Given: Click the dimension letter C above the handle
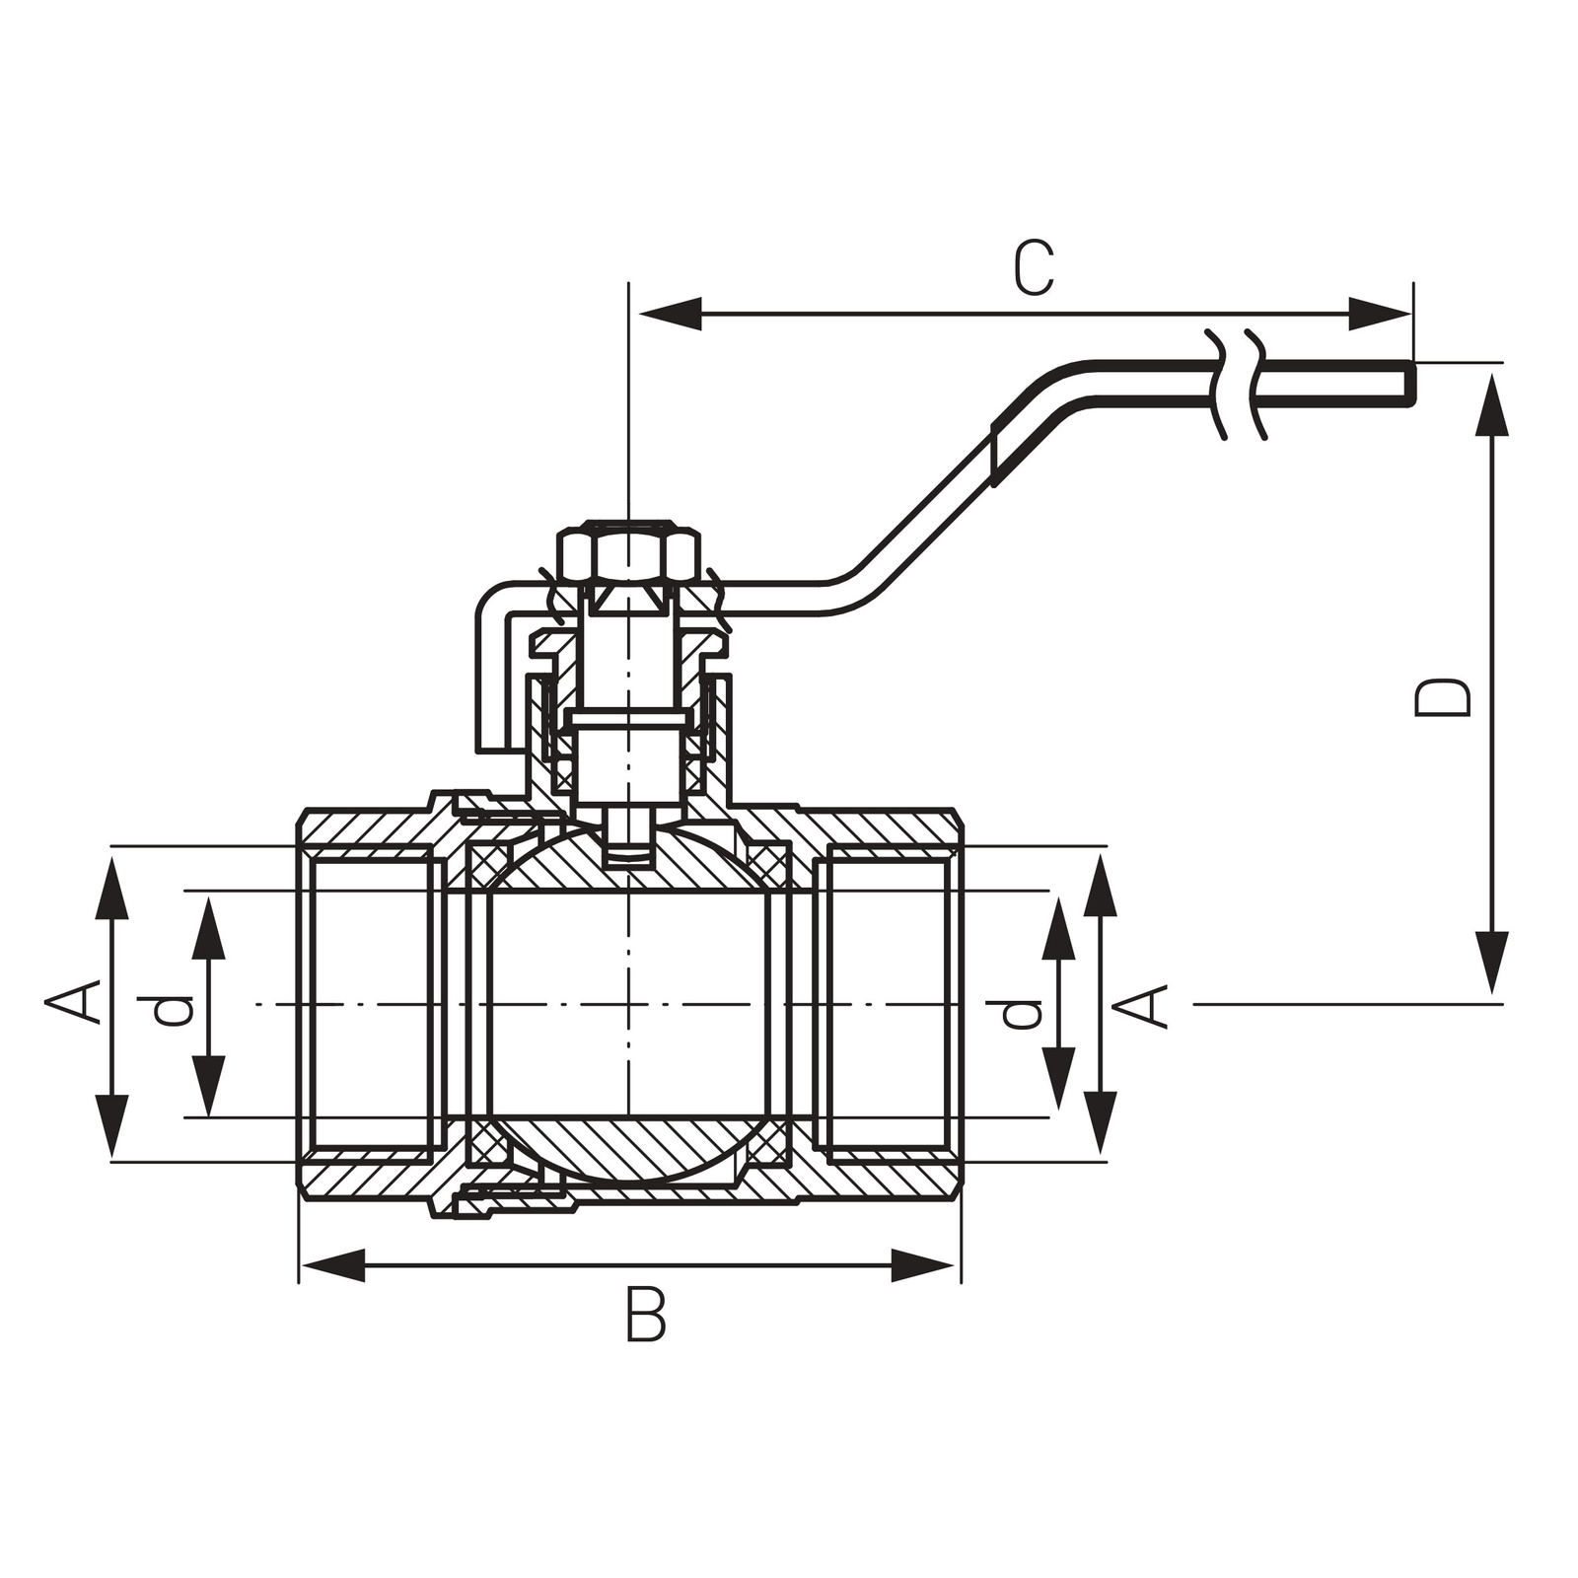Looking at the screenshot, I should coord(1035,268).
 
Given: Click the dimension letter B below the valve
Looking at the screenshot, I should coord(646,1314).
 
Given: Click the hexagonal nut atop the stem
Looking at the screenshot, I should coord(629,554).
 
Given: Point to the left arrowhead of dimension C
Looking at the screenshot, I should coord(671,315).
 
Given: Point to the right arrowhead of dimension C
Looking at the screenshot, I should coord(1381,315).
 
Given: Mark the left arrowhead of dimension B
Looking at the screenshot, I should coord(331,1265).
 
